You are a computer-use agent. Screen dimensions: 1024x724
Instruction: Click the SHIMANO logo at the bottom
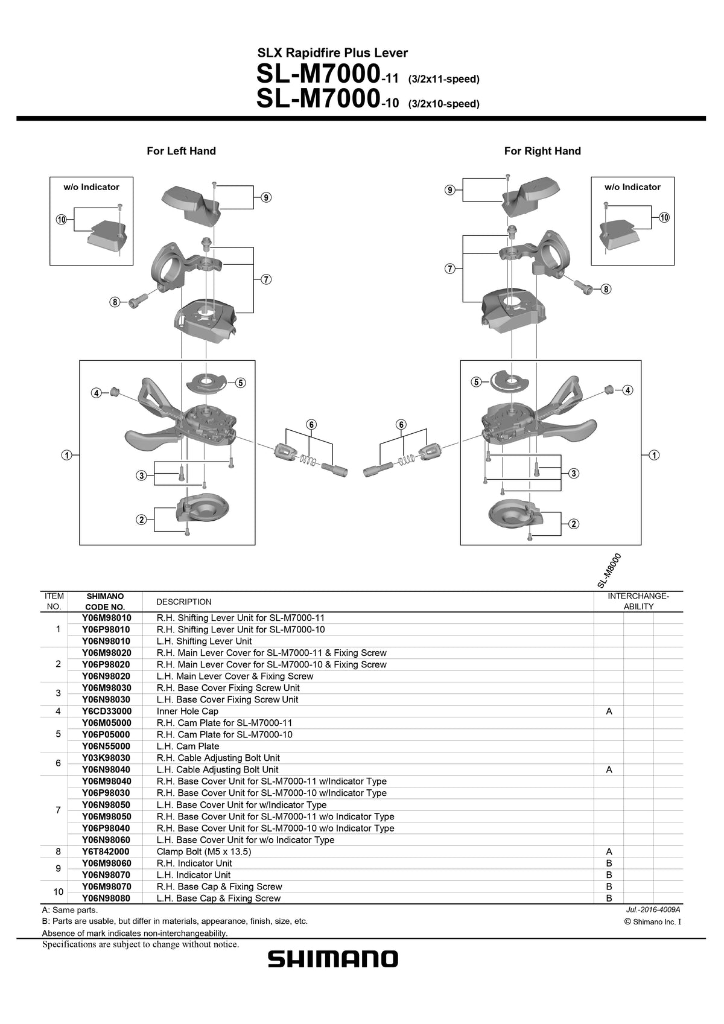click(333, 959)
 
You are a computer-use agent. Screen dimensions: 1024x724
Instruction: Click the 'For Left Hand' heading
click(181, 151)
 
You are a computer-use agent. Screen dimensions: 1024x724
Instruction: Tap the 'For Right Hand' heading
click(542, 151)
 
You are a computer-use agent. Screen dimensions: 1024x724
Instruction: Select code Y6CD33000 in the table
click(107, 711)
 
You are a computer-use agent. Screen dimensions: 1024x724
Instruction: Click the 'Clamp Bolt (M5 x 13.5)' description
click(203, 851)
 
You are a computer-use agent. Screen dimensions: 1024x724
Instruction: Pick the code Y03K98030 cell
click(107, 758)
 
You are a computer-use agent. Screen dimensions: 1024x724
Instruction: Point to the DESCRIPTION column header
click(184, 602)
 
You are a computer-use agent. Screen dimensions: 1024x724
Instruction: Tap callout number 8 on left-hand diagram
click(114, 302)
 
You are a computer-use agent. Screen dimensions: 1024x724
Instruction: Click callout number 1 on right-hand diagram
click(654, 454)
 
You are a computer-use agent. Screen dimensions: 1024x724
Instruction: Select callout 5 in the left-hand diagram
click(240, 383)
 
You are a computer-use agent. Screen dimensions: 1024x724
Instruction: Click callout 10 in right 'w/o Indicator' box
click(664, 217)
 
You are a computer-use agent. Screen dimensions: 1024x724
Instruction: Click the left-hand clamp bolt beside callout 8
click(136, 300)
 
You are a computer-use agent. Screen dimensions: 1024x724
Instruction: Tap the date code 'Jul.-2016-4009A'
click(653, 909)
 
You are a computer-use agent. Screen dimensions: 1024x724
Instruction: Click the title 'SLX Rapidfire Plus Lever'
click(332, 53)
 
